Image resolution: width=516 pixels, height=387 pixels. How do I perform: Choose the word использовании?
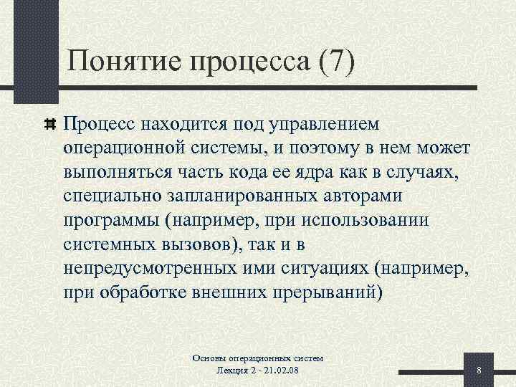pyautogui.click(x=355, y=220)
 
